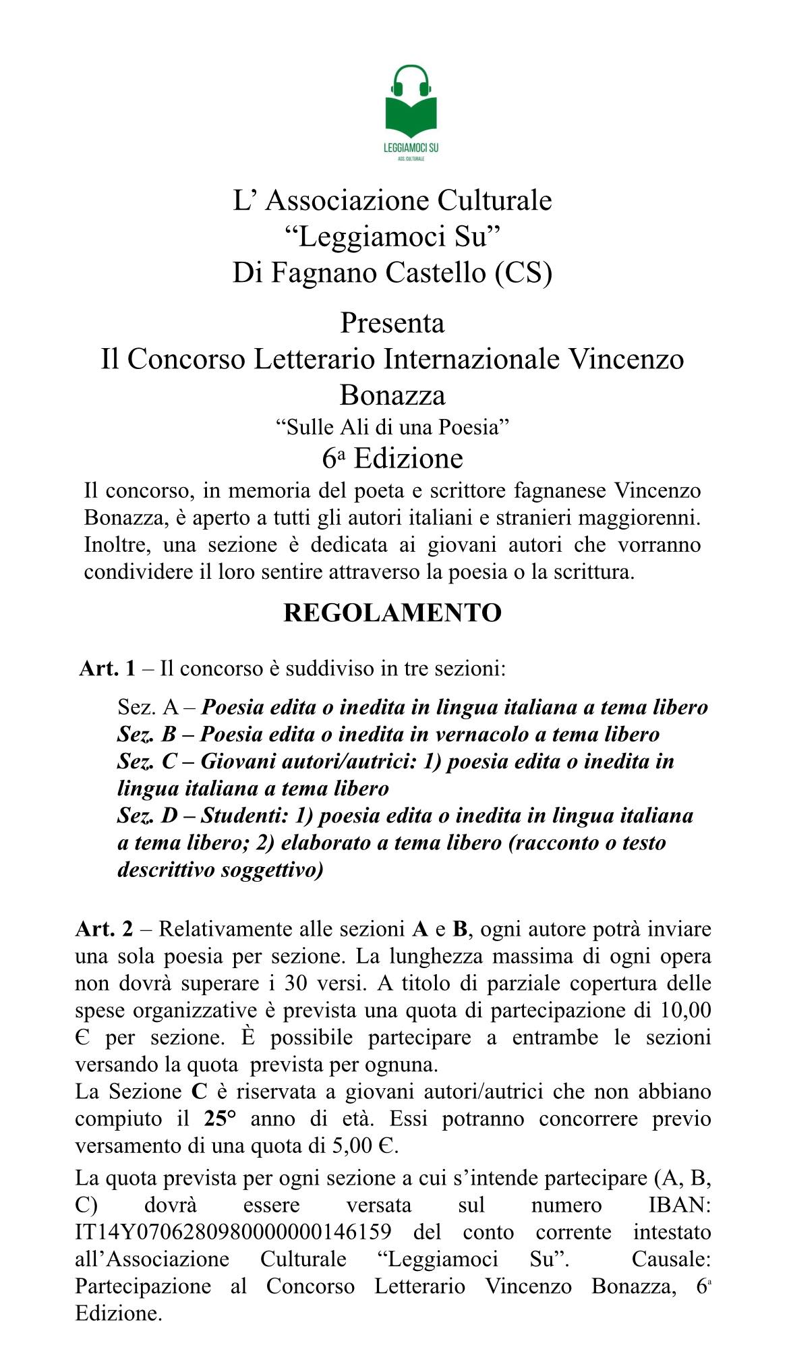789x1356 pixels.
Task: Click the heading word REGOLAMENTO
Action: [x=392, y=613]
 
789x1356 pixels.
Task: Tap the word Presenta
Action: [x=392, y=322]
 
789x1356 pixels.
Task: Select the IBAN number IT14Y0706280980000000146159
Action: [x=233, y=1231]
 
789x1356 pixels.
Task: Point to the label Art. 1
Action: [x=107, y=669]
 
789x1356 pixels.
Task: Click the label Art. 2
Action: [x=104, y=929]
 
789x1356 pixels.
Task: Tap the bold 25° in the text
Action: [x=219, y=1119]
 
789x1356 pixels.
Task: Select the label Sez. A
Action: [x=148, y=707]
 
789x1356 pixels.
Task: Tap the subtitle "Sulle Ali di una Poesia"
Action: [x=392, y=427]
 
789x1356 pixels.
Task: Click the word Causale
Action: [x=671, y=1259]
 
